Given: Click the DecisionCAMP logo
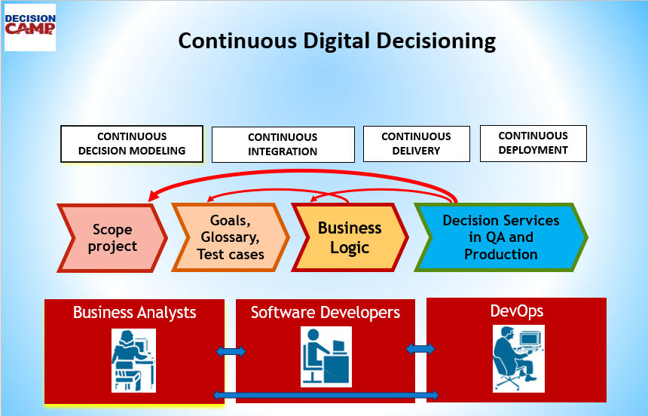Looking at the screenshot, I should pos(29,26).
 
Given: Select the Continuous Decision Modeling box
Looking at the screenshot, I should pos(132,143).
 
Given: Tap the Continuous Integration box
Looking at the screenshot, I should pos(283,144).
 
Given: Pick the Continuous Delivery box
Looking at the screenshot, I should pos(416,143).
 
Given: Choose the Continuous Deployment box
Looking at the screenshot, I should pos(533,142).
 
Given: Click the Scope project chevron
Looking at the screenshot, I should pos(112,237).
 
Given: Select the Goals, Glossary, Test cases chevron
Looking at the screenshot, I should pos(230,237).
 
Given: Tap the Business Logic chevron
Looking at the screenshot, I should pos(349,237).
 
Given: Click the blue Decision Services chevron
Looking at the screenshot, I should pos(500,237).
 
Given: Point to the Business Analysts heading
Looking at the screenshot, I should pos(134,312).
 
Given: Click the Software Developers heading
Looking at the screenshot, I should pos(325,312).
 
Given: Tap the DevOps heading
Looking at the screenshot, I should pos(516,310).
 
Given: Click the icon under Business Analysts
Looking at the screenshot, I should pos(134,359).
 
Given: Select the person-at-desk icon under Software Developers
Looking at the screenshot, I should pos(326,356).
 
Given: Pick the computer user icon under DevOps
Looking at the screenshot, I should pos(518,358).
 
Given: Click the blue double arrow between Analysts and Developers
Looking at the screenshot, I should pos(231,351).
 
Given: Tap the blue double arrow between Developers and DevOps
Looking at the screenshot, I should pos(420,348).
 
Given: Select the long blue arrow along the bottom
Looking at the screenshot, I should pos(326,395).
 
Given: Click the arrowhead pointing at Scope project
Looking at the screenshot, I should pos(153,197).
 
